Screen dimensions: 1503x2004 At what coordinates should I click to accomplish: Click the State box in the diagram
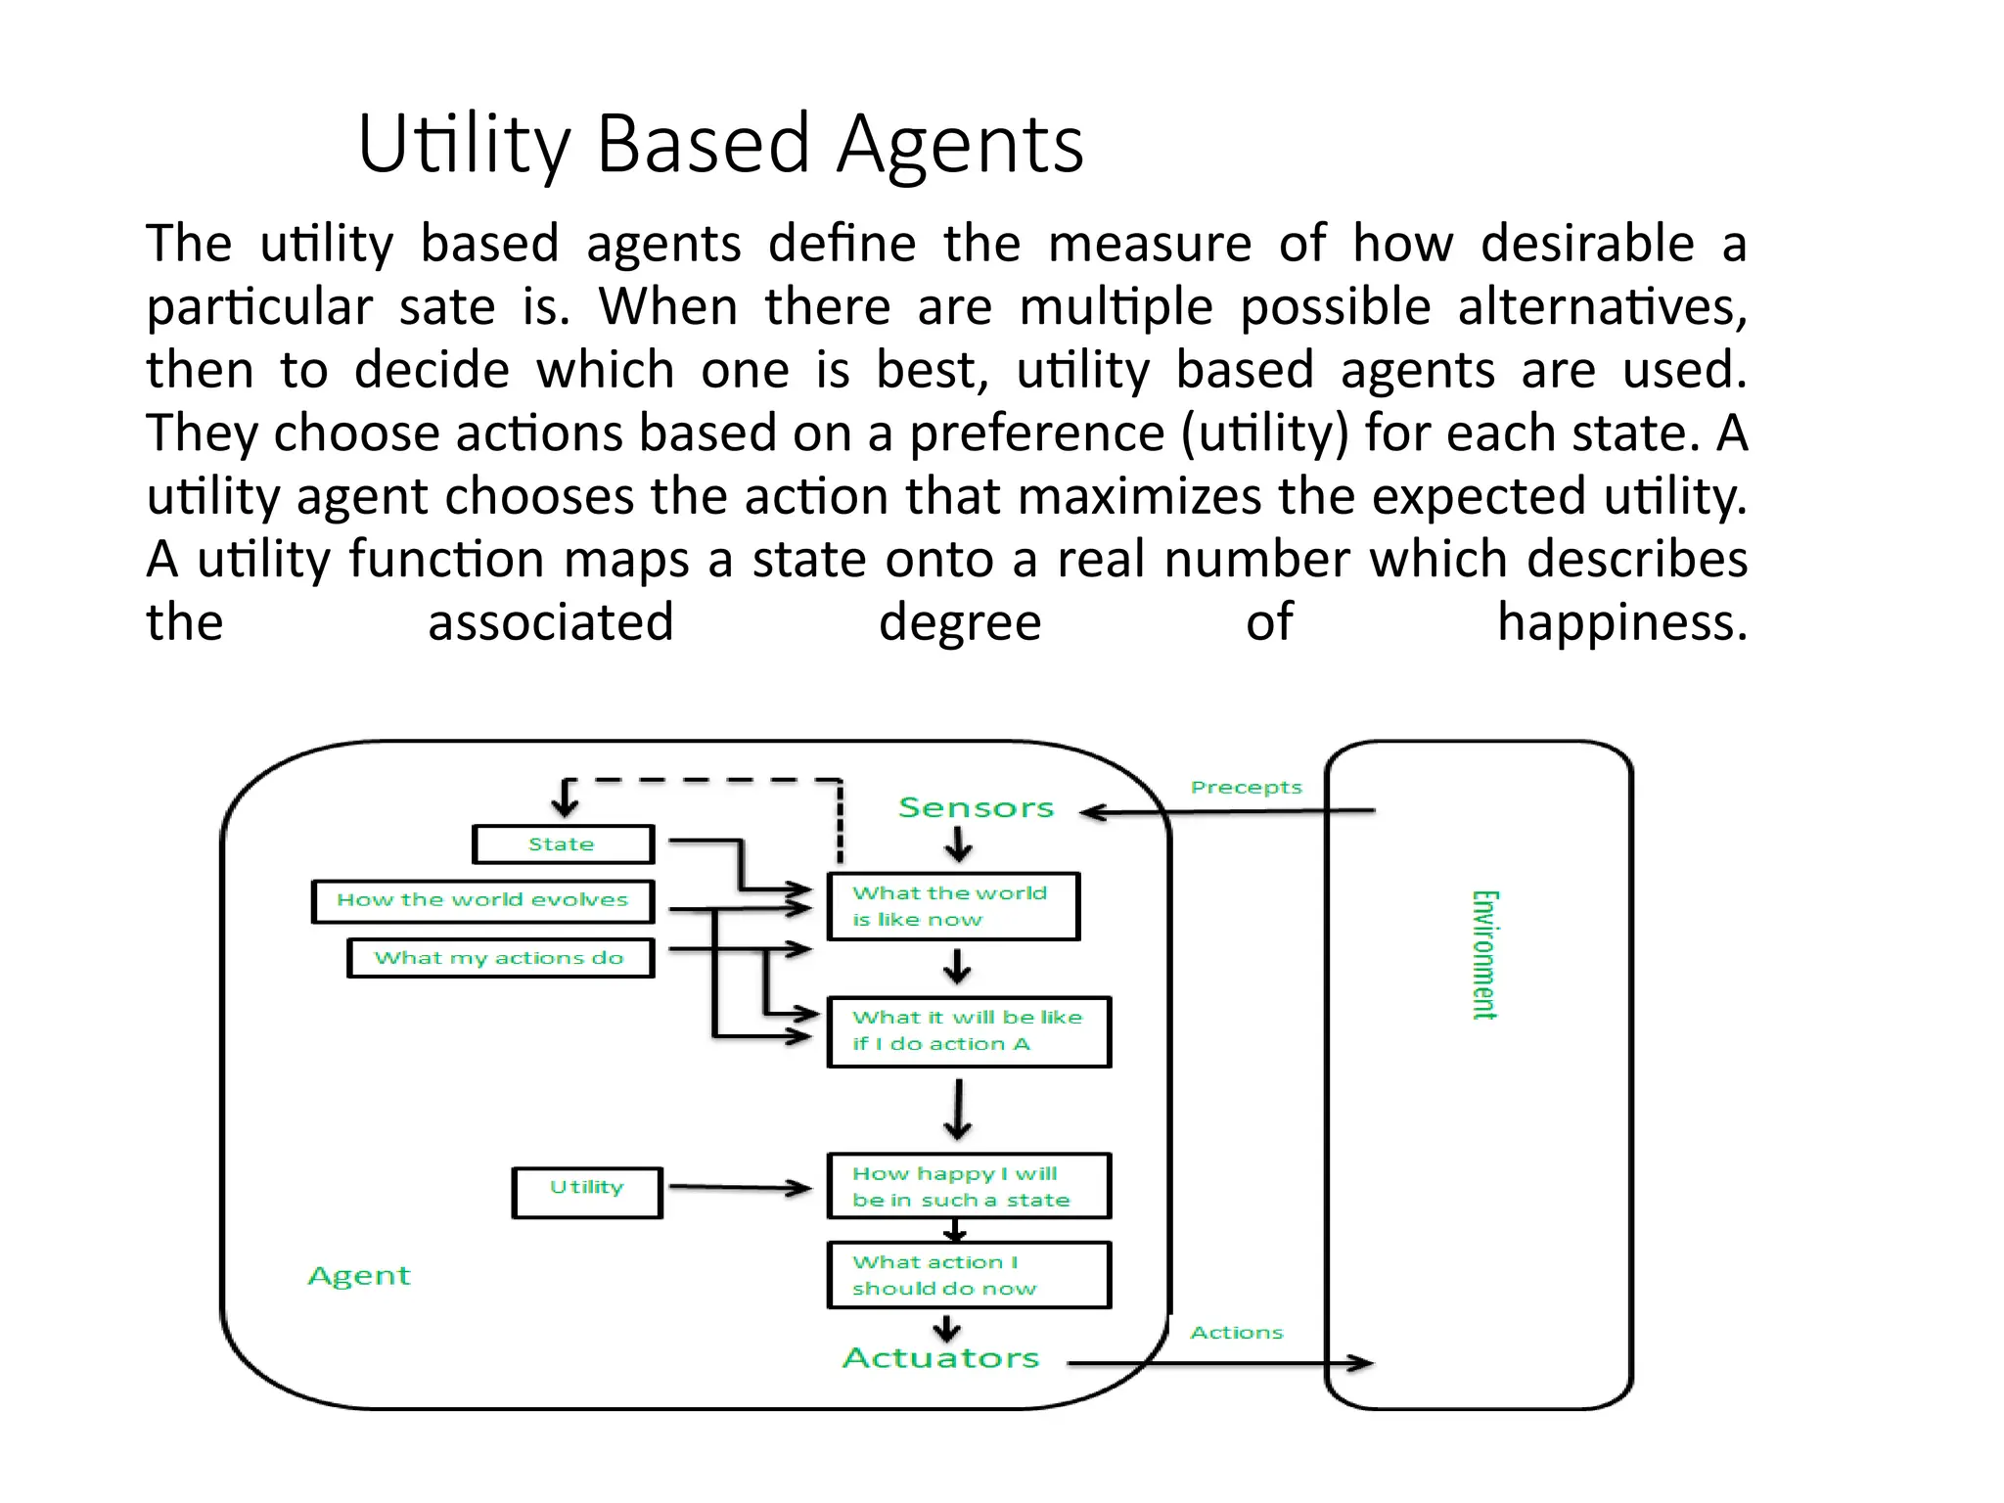[563, 844]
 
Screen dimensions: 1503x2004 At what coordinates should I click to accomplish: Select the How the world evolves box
[482, 900]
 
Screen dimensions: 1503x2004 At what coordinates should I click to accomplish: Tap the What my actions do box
[500, 958]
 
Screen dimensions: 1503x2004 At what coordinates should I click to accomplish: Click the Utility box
[587, 1191]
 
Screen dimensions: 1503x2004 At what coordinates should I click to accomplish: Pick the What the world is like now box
[953, 906]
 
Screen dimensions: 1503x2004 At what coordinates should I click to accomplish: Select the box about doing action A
[968, 1031]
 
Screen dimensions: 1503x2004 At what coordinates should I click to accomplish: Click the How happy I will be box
[968, 1186]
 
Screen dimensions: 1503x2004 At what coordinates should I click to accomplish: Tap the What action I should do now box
[968, 1275]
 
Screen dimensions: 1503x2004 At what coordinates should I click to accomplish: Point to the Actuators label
[940, 1358]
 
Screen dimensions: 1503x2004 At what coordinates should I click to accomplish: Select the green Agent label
[359, 1276]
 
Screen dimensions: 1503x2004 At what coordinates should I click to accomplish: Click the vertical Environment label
[1484, 955]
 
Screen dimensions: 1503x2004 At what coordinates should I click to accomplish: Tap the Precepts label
[1246, 788]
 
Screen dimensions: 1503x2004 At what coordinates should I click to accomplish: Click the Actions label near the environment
[1236, 1333]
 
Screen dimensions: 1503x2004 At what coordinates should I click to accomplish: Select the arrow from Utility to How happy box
[740, 1188]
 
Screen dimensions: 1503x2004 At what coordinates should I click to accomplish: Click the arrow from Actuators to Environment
[1223, 1363]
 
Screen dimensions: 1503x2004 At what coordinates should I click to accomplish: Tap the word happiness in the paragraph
[1621, 622]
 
